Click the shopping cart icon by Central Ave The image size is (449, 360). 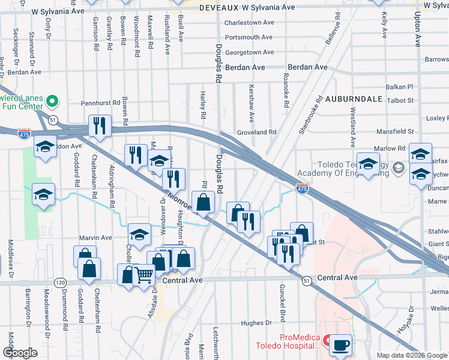(144, 276)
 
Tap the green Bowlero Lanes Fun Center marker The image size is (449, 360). (52, 101)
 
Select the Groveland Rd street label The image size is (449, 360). (256, 132)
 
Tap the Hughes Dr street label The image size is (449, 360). (256, 323)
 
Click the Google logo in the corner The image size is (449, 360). (20, 353)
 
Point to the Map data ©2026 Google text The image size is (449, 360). (411, 355)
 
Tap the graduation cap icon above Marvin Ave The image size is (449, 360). (139, 234)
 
